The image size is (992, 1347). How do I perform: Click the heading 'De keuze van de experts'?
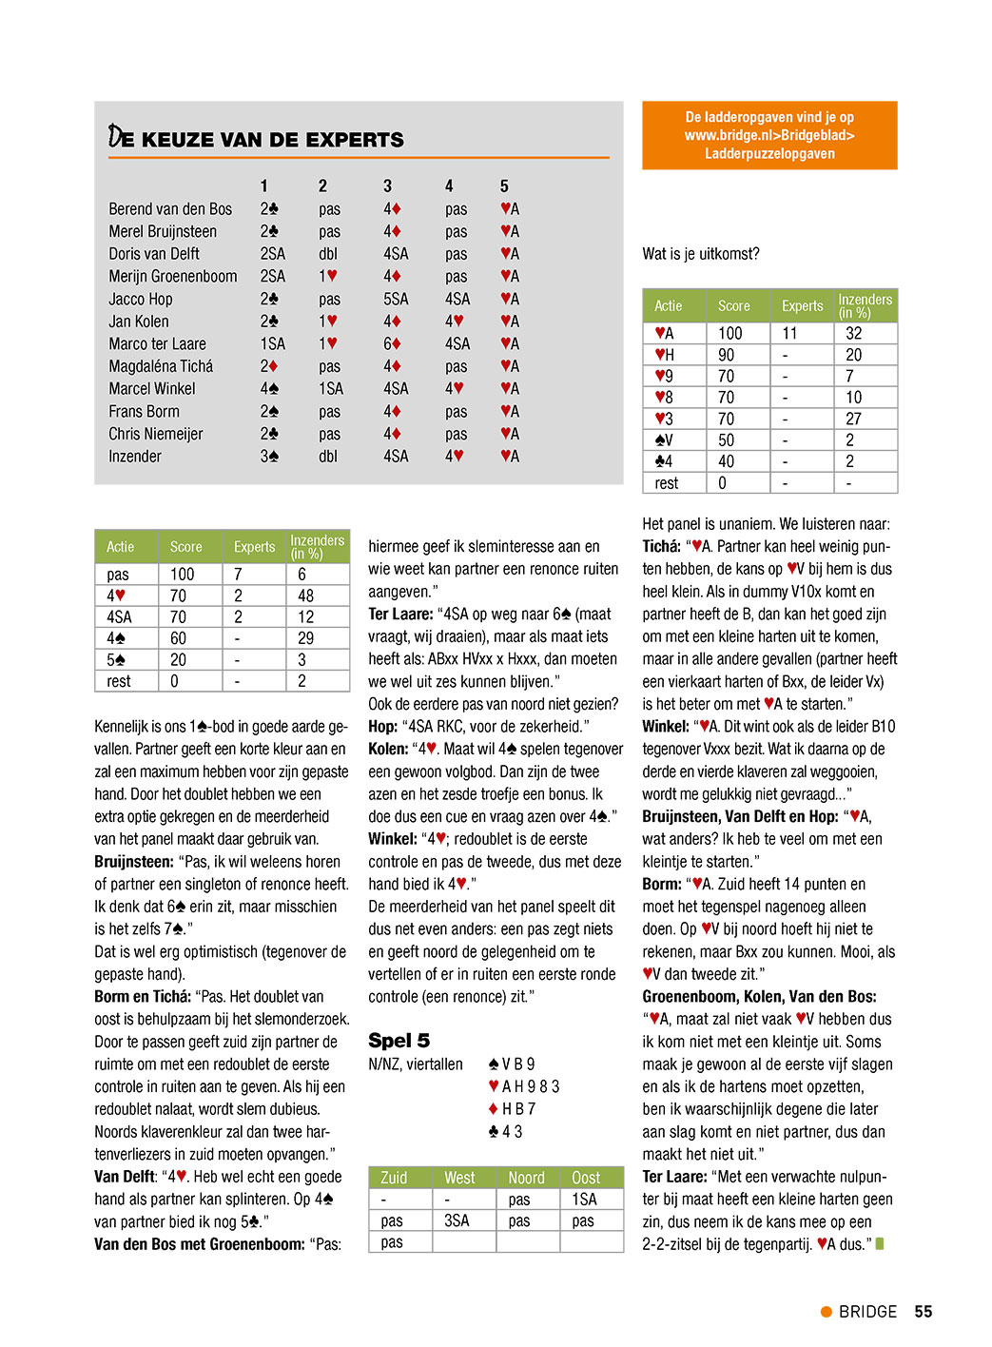coord(256,139)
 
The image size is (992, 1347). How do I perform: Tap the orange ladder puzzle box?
coord(769,135)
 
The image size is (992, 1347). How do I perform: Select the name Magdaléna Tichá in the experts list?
coord(161,366)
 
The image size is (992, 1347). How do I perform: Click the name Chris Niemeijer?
coord(156,434)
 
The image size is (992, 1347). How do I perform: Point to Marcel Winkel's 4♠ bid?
coord(269,388)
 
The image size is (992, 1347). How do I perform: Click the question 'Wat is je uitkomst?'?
coord(701,254)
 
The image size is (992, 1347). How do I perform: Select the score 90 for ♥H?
coord(727,355)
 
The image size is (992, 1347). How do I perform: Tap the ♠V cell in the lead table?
coord(664,440)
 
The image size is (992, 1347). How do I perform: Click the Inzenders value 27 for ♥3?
coord(854,419)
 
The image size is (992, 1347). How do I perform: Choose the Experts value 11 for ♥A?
coord(789,333)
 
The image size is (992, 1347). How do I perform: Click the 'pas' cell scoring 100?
coord(118,575)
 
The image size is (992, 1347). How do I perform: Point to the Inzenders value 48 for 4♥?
coord(305,595)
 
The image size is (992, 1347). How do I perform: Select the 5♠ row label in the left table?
coord(116,660)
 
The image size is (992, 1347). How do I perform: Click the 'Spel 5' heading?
coord(399,1041)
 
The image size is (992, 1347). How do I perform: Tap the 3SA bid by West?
coord(457,1220)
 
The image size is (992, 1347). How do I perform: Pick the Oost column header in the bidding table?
coord(586,1178)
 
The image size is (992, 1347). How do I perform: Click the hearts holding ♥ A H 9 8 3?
coord(524,1086)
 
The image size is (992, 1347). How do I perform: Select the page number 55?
coord(923,1312)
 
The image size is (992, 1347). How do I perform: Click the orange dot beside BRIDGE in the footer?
coord(827,1312)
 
